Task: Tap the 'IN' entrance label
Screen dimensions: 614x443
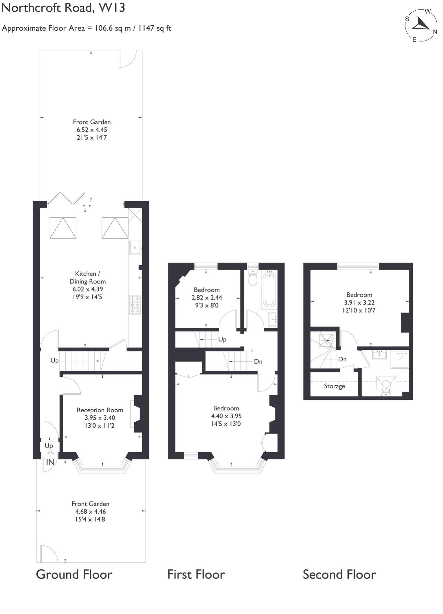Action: click(50, 462)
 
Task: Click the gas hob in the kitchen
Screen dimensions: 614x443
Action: click(135, 305)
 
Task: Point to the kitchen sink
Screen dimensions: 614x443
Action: click(135, 247)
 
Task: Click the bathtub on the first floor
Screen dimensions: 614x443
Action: click(269, 289)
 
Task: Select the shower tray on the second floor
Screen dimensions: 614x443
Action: click(400, 359)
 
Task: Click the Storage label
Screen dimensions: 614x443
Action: click(334, 386)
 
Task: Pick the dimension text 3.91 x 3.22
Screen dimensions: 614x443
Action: click(359, 303)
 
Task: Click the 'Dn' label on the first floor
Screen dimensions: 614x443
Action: click(258, 361)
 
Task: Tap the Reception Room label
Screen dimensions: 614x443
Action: click(100, 410)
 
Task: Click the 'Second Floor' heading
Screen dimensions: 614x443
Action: click(339, 574)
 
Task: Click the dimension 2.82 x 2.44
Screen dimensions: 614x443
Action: click(207, 298)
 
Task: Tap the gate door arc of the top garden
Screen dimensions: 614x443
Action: click(128, 59)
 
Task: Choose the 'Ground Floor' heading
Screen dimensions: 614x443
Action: click(74, 574)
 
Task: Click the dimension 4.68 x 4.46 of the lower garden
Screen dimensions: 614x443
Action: click(90, 512)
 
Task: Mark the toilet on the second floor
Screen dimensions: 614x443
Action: click(386, 386)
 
